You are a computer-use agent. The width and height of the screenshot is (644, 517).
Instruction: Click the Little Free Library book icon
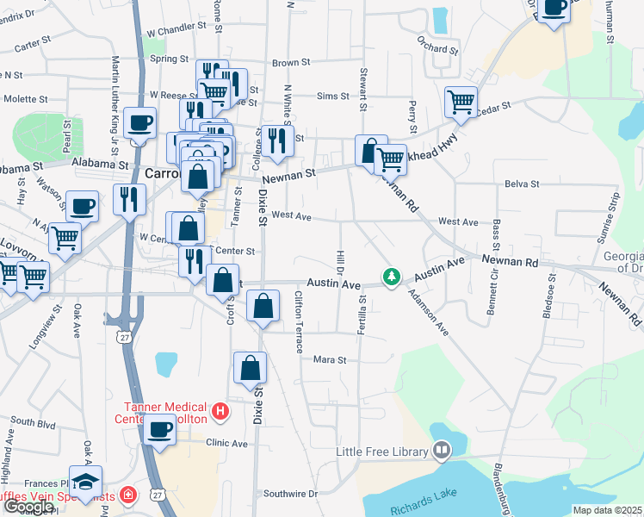click(x=442, y=451)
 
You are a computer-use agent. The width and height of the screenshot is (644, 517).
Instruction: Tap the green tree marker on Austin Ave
click(x=392, y=277)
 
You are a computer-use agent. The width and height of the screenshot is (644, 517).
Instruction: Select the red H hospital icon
click(x=220, y=412)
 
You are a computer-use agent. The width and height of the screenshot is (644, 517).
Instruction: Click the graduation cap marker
click(x=85, y=480)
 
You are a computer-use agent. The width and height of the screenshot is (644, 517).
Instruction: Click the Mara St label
click(x=329, y=359)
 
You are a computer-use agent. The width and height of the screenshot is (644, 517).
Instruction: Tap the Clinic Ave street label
click(x=226, y=444)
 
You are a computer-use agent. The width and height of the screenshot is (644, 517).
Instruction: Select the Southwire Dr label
click(x=290, y=494)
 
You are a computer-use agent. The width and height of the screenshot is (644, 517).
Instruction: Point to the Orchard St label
click(x=435, y=48)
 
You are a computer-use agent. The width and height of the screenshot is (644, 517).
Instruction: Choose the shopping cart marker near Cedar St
click(x=461, y=102)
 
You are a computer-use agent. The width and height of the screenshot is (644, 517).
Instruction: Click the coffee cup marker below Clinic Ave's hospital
click(x=159, y=429)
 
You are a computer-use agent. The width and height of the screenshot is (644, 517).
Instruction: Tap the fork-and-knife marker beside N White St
click(x=276, y=140)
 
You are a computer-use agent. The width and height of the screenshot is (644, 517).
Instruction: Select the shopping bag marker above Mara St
click(x=249, y=367)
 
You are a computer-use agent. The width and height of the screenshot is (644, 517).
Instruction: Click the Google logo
click(x=28, y=507)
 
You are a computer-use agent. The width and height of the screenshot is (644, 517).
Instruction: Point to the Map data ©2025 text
click(x=608, y=510)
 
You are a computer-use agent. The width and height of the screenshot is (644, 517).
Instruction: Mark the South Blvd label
click(x=34, y=423)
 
